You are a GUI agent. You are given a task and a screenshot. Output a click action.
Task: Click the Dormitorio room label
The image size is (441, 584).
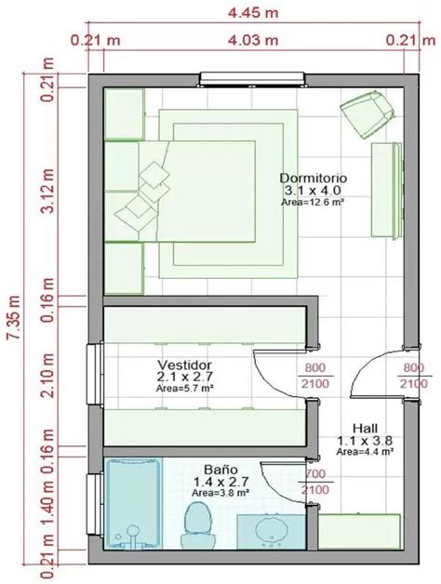click(x=313, y=177)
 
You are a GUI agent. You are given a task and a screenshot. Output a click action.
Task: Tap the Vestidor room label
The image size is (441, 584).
click(x=185, y=365)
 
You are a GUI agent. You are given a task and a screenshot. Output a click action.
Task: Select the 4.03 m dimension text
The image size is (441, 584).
click(x=252, y=40)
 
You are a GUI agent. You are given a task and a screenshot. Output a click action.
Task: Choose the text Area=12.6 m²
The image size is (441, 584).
click(x=313, y=201)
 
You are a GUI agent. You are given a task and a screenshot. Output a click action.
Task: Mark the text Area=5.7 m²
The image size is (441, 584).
click(x=185, y=391)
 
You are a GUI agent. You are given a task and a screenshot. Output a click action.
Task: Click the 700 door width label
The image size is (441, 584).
click(x=315, y=472)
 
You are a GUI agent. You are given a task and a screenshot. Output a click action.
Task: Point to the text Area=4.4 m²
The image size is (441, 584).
click(x=363, y=450)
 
